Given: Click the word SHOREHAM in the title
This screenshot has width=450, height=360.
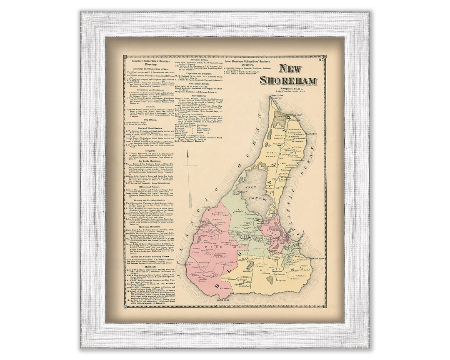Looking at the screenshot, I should [288, 80].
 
